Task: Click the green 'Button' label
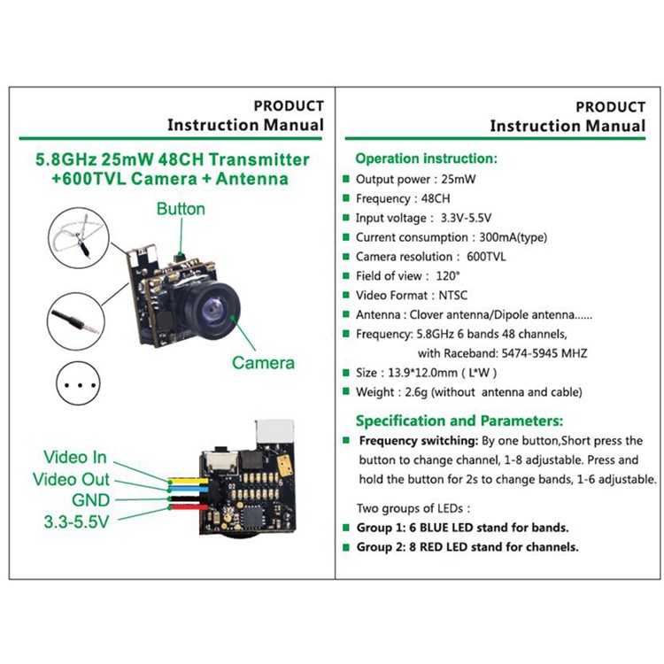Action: pyautogui.click(x=181, y=209)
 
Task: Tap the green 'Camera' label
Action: pyautogui.click(x=263, y=363)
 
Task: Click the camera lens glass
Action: pyautogui.click(x=211, y=309)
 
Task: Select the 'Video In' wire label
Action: pyautogui.click(x=75, y=458)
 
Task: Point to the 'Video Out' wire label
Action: pyautogui.click(x=71, y=479)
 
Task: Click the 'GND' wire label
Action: pyautogui.click(x=91, y=500)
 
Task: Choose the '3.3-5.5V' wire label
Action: pyautogui.click(x=77, y=521)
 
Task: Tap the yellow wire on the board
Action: pyautogui.click(x=188, y=481)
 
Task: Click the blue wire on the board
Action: pyautogui.click(x=188, y=490)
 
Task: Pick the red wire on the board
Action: pyautogui.click(x=188, y=507)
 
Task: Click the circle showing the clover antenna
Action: pyautogui.click(x=78, y=237)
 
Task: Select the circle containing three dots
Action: pyautogui.click(x=78, y=383)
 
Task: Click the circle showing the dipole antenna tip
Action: pyautogui.click(x=76, y=321)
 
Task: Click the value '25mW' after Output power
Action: pyautogui.click(x=459, y=179)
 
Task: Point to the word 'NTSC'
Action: pyautogui.click(x=452, y=295)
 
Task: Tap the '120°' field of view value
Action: pyautogui.click(x=448, y=275)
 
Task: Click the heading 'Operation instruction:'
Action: pyautogui.click(x=427, y=158)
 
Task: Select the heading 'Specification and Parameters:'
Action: pyautogui.click(x=459, y=421)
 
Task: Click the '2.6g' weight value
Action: pyautogui.click(x=416, y=392)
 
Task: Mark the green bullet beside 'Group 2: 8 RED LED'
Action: pyautogui.click(x=346, y=547)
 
